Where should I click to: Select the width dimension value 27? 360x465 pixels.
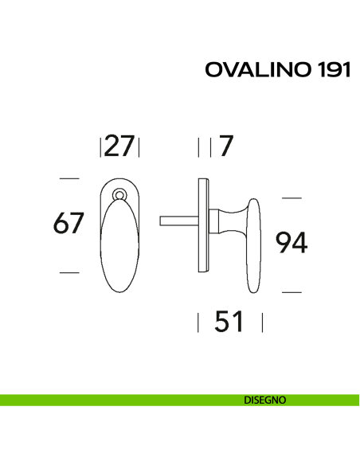[x=119, y=147]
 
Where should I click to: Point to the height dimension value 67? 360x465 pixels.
[x=69, y=224]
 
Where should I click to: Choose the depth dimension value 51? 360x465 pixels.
[x=229, y=322]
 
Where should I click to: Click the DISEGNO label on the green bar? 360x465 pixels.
[x=265, y=400]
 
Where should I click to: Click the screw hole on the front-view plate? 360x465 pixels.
[x=120, y=193]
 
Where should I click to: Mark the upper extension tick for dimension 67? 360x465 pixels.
[x=70, y=177]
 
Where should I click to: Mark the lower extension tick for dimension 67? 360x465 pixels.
[x=70, y=272]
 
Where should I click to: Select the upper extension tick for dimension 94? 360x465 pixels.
[x=292, y=197]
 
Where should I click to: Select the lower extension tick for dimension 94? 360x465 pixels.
[x=292, y=292]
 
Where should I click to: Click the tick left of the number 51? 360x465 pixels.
[x=198, y=322]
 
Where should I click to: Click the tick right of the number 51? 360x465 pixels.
[x=262, y=322]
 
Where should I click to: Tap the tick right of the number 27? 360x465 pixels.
[x=139, y=148]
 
